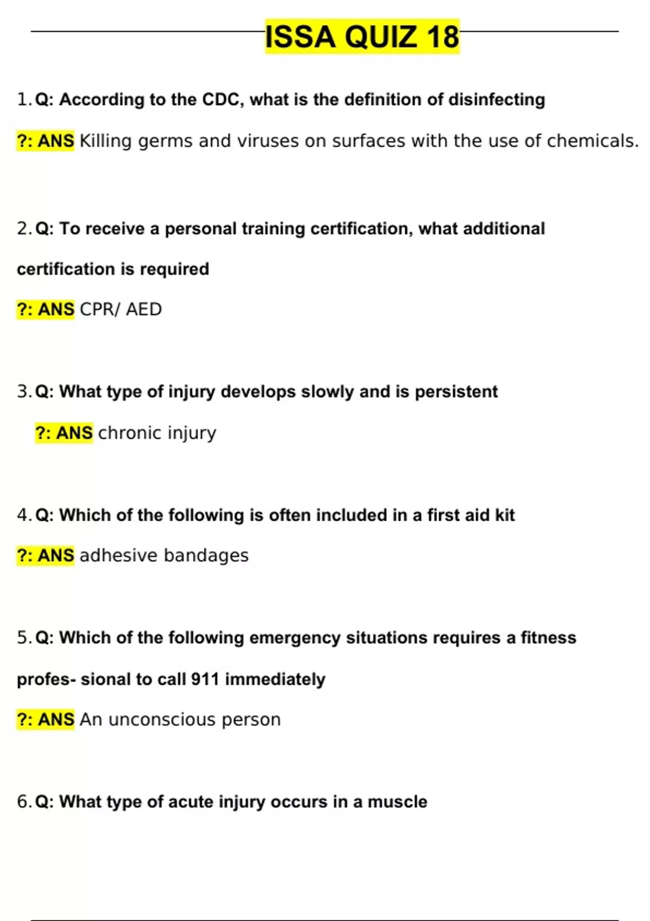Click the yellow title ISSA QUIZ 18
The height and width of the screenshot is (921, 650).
(x=362, y=36)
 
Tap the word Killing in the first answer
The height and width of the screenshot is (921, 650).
(x=106, y=141)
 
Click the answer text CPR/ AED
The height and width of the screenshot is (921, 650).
(x=120, y=309)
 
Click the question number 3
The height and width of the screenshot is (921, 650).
(x=23, y=392)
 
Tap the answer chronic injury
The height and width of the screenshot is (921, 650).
(x=157, y=433)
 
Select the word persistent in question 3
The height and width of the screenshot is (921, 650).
(x=456, y=392)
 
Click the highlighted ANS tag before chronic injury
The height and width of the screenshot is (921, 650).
(x=64, y=433)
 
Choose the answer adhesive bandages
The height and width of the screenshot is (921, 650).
(x=164, y=556)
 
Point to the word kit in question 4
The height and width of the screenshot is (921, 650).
(x=505, y=515)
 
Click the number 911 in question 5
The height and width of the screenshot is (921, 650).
(x=205, y=679)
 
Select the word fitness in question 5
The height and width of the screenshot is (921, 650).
(x=548, y=638)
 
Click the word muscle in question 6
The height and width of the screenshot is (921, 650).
(x=398, y=802)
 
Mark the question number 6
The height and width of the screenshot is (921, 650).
(x=23, y=802)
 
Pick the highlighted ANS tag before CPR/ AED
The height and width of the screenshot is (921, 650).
(x=45, y=309)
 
